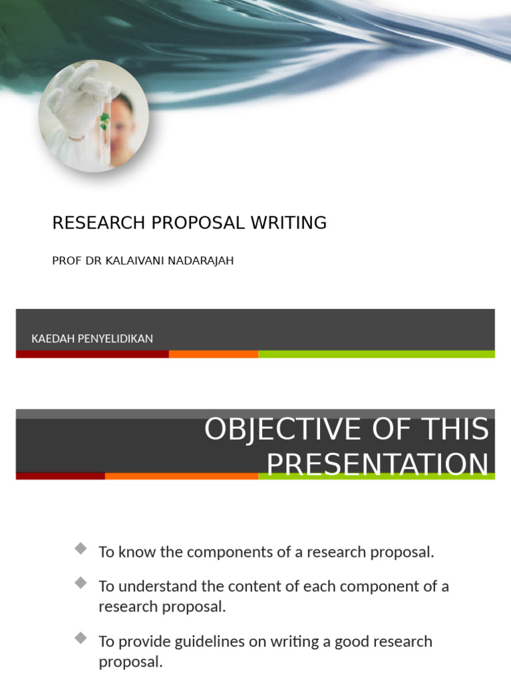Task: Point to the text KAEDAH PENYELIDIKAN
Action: click(92, 338)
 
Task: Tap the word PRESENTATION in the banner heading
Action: click(378, 464)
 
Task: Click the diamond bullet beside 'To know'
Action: click(81, 549)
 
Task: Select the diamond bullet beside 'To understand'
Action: click(81, 583)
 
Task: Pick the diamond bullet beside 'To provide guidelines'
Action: click(81, 638)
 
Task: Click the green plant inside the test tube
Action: click(104, 121)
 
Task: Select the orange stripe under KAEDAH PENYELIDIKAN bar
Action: click(214, 354)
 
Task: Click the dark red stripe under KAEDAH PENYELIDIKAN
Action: click(92, 354)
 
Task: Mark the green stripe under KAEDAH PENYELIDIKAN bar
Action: click(376, 354)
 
